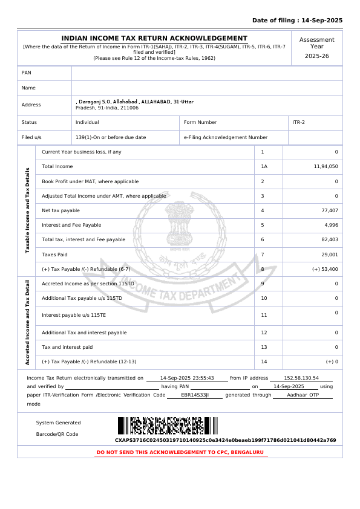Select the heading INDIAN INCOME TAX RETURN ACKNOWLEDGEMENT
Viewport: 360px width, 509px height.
tap(154, 38)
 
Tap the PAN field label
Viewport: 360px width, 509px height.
tap(27, 73)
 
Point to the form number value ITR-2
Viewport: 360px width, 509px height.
tap(299, 122)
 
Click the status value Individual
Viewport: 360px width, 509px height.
tap(87, 122)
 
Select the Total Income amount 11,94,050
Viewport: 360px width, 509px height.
tap(326, 166)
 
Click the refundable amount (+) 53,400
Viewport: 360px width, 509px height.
tap(325, 269)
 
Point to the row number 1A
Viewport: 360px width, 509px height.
tap(264, 166)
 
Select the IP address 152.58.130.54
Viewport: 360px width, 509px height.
tap(301, 378)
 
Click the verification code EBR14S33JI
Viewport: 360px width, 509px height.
tap(195, 395)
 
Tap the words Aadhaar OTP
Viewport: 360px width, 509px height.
tap(303, 395)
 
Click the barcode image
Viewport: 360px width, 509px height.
tap(168, 426)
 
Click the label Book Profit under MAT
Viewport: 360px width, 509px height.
tap(90, 181)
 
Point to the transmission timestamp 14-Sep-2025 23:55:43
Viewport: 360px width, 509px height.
tap(187, 378)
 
